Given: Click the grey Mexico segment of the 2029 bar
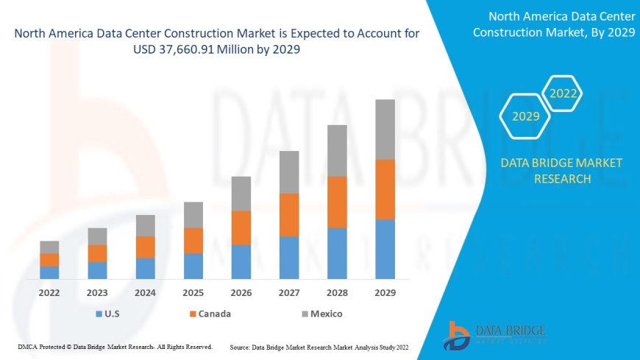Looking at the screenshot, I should tap(385, 130).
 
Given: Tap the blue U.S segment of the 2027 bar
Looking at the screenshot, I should tap(289, 257).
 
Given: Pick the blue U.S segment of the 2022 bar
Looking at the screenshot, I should tap(49, 272).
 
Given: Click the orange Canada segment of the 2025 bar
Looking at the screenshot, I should tap(193, 240).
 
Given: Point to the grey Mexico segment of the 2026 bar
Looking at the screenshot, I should tap(241, 194).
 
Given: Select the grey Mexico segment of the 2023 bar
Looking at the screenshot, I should tap(97, 236).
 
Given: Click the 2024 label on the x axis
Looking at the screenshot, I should tap(146, 293).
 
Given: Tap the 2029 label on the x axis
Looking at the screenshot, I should tap(385, 293).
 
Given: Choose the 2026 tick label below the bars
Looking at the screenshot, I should tap(241, 293).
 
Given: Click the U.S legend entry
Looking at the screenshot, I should tap(110, 314).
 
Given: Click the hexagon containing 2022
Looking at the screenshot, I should tap(563, 93).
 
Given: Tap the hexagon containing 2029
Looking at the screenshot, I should tap(525, 116).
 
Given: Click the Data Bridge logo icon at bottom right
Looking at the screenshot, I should tap(457, 336).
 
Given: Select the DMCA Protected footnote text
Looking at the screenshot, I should tap(114, 346).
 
